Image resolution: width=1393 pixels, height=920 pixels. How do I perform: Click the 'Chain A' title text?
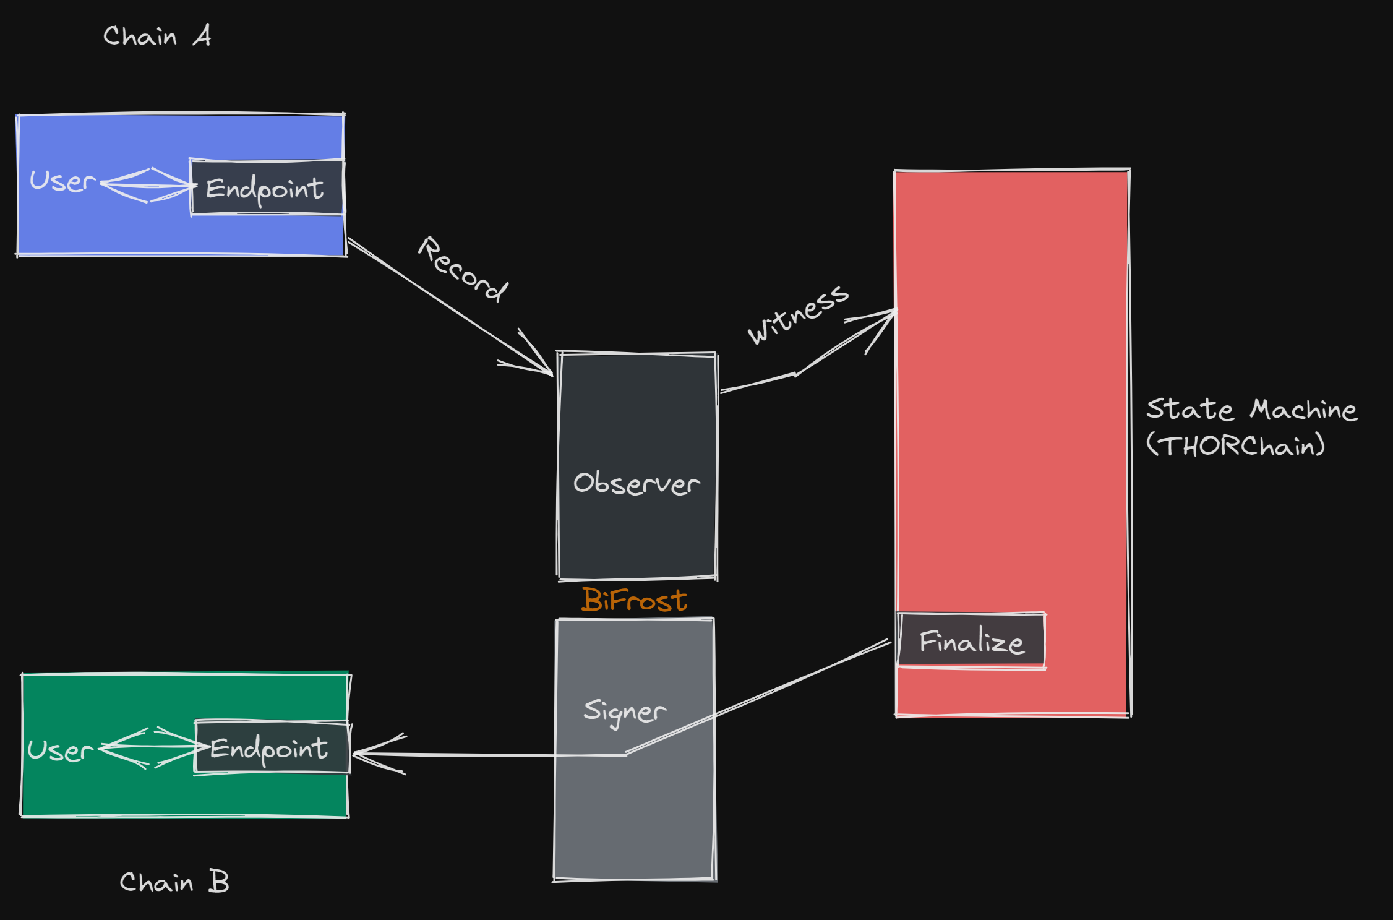click(157, 37)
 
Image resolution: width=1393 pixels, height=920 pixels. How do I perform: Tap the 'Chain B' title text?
click(174, 882)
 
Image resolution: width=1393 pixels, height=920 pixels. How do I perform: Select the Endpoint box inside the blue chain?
click(267, 187)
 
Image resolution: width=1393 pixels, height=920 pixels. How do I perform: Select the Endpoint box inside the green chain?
click(272, 747)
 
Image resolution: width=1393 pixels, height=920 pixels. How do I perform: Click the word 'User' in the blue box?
click(62, 181)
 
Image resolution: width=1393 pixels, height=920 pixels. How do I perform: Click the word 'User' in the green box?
click(60, 750)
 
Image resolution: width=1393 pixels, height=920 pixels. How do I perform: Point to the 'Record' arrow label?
click(463, 270)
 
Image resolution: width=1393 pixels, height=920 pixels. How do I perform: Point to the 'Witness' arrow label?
click(798, 314)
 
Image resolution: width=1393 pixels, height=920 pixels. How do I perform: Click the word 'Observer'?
click(636, 483)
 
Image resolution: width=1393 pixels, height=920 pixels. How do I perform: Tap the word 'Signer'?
click(625, 711)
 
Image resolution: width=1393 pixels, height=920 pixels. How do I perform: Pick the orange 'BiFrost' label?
click(634, 600)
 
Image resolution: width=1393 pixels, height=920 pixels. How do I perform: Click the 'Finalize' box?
click(971, 641)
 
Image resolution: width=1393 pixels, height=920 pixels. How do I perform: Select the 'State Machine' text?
click(1251, 410)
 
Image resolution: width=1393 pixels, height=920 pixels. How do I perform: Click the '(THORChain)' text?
click(1235, 445)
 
